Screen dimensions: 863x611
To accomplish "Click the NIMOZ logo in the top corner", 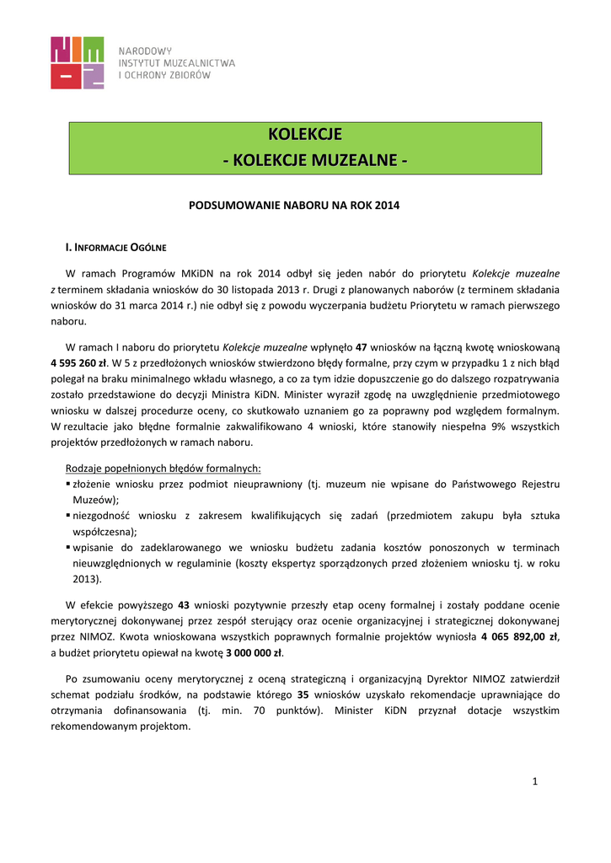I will point(78,62).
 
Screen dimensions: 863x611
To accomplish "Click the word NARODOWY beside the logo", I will point(145,51).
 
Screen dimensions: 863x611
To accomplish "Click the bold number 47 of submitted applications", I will point(362,346).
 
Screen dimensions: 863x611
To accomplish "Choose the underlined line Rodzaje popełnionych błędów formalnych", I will point(163,468).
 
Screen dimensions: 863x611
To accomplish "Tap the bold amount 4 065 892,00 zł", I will point(520,636).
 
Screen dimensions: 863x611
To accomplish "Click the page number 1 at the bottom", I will point(534,782).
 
